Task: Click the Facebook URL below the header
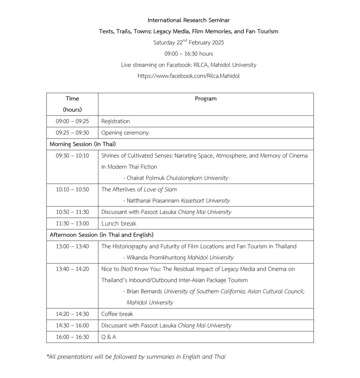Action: coord(188,76)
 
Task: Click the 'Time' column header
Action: coord(72,99)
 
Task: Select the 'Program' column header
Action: coord(206,99)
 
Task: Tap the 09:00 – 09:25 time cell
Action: coord(72,121)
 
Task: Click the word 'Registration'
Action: coord(116,121)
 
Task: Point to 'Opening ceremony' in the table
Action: coord(125,133)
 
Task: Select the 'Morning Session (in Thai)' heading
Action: coord(83,144)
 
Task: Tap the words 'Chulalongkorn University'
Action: coord(197,178)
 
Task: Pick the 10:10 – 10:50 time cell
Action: coord(72,189)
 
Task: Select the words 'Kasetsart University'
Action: coord(205,201)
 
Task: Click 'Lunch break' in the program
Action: coord(119,223)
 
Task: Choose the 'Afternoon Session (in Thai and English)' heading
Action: coord(102,235)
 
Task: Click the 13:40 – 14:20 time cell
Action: coord(72,269)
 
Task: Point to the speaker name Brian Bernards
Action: coord(144,291)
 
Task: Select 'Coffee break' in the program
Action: coord(117,314)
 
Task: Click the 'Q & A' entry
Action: coord(109,337)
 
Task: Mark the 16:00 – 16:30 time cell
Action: coord(72,337)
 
